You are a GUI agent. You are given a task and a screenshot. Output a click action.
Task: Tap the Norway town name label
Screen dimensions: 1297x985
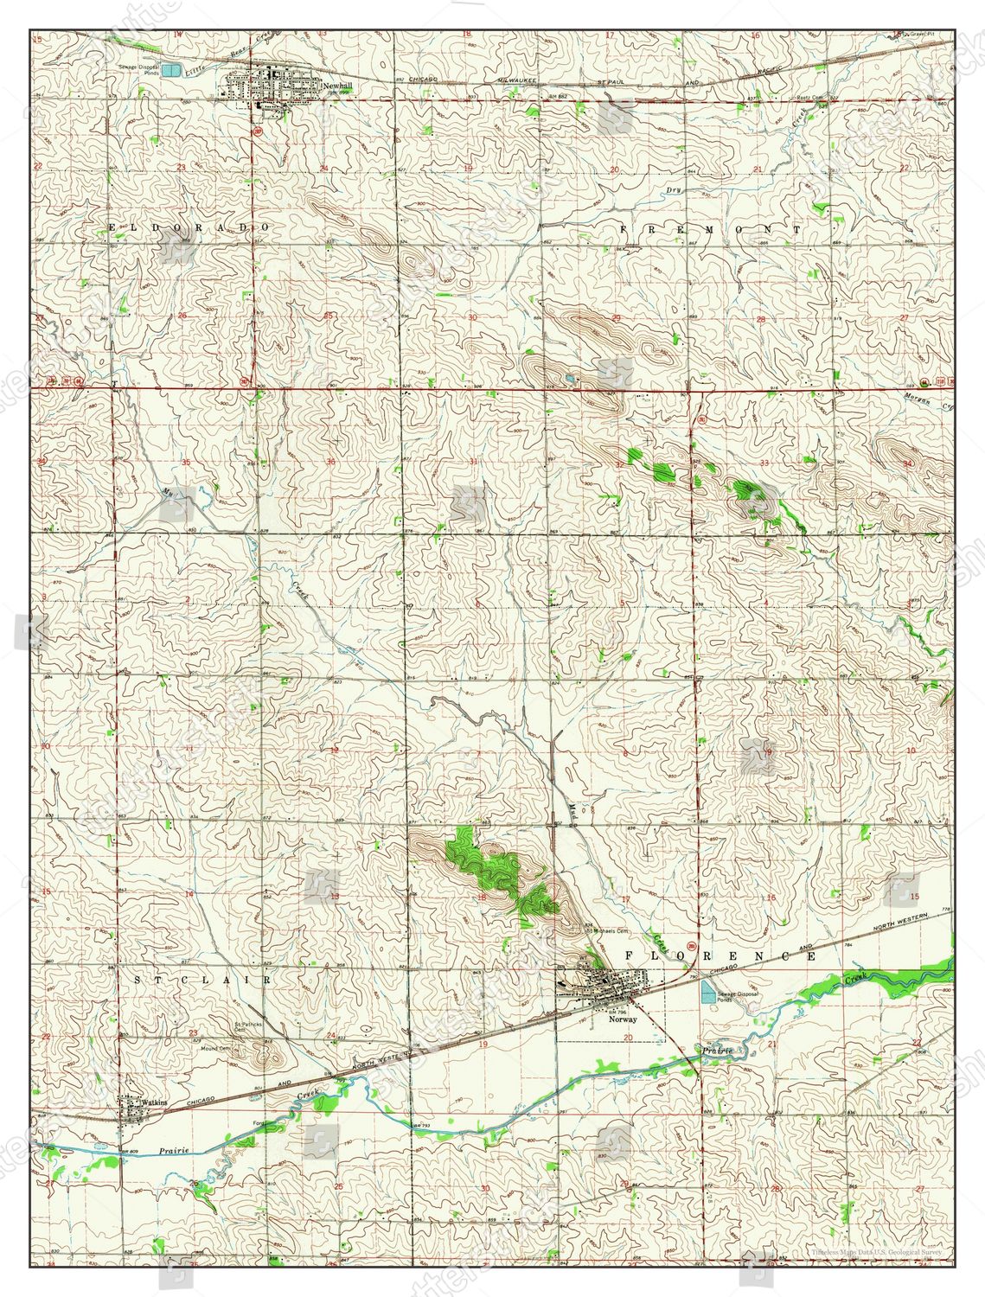click(x=622, y=1019)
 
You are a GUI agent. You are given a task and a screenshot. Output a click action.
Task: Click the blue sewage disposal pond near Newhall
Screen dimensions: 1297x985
click(x=173, y=69)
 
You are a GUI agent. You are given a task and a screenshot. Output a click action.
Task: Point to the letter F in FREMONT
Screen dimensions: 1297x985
click(x=624, y=229)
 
